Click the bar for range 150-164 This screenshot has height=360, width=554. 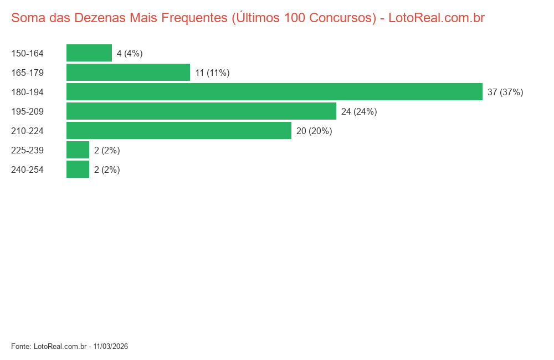click(89, 53)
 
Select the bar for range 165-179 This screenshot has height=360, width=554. click(128, 73)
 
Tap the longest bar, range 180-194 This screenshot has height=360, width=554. click(274, 92)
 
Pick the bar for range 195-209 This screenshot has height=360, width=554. click(201, 111)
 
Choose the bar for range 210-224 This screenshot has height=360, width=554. click(179, 131)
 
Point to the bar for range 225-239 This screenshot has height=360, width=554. click(78, 150)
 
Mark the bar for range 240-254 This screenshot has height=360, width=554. click(78, 169)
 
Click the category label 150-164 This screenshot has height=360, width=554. click(27, 54)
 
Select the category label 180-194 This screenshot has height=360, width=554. click(27, 92)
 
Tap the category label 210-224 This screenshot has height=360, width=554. click(27, 131)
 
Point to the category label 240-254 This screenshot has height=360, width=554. click(27, 170)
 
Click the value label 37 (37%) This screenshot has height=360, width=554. click(505, 92)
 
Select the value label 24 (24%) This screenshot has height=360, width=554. click(359, 112)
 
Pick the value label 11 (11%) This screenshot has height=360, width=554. click(212, 73)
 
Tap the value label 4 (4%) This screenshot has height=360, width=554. click(130, 54)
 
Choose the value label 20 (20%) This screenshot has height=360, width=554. click(314, 131)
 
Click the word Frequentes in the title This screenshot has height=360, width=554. click(193, 18)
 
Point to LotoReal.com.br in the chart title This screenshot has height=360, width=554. click(437, 18)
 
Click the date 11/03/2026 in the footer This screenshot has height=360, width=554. click(111, 347)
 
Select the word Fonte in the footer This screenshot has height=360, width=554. click(20, 347)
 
